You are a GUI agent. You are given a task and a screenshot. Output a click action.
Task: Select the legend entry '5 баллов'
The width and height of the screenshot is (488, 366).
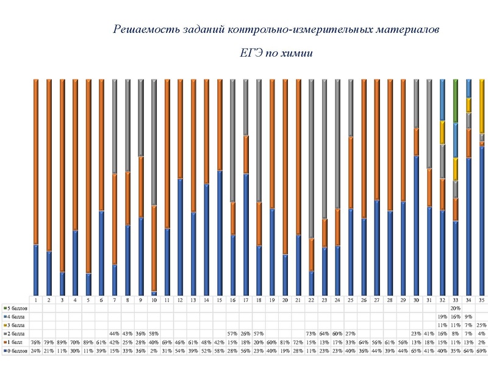pyautogui.click(x=17, y=308)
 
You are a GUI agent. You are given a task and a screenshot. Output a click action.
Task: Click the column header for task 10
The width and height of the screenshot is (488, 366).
pyautogui.click(x=154, y=300)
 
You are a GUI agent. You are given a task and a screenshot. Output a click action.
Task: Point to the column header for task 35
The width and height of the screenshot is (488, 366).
pyautogui.click(x=482, y=300)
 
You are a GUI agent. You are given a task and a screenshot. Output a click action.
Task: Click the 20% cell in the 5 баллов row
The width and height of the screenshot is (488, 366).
pyautogui.click(x=455, y=308)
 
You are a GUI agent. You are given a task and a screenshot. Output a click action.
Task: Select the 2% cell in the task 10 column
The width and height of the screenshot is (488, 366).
pyautogui.click(x=154, y=351)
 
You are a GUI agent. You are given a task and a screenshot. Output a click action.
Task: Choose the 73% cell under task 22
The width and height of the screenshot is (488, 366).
pyautogui.click(x=311, y=334)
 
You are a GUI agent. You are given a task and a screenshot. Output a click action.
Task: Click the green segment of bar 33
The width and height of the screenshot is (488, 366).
pyautogui.click(x=455, y=101)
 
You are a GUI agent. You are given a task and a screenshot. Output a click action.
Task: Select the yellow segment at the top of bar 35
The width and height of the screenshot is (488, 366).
pyautogui.click(x=482, y=104)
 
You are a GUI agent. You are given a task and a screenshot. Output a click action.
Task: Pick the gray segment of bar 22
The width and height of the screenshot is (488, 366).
pyautogui.click(x=311, y=159)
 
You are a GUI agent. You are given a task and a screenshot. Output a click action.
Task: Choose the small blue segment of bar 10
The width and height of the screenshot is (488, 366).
pyautogui.click(x=154, y=293)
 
